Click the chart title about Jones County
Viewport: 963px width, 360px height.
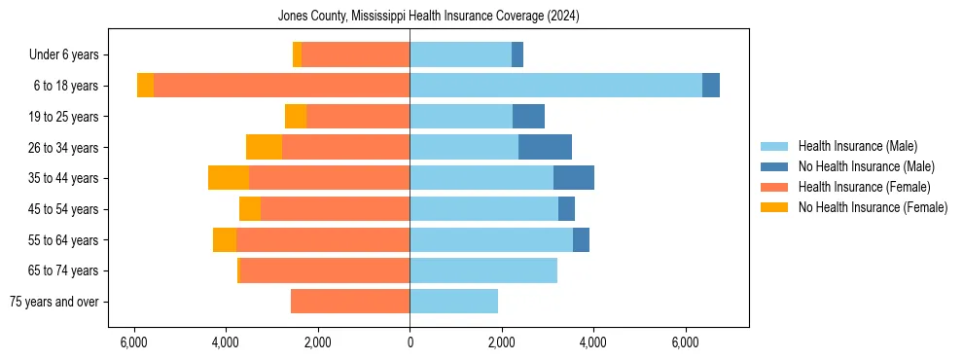click(428, 16)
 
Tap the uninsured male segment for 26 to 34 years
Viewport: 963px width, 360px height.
click(545, 147)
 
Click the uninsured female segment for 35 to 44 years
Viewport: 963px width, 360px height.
click(229, 178)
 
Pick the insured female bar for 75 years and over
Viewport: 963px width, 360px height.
click(350, 302)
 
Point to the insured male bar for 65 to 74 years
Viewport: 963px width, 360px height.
click(483, 270)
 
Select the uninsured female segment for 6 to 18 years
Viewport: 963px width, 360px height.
click(145, 86)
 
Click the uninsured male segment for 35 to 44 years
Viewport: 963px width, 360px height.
click(574, 178)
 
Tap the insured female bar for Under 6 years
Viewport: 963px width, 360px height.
click(355, 54)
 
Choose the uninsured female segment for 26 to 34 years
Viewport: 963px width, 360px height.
click(264, 147)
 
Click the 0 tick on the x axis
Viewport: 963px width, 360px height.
click(410, 342)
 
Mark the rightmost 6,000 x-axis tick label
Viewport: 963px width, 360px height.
click(685, 342)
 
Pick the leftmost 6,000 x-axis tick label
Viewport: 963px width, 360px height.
click(133, 342)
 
